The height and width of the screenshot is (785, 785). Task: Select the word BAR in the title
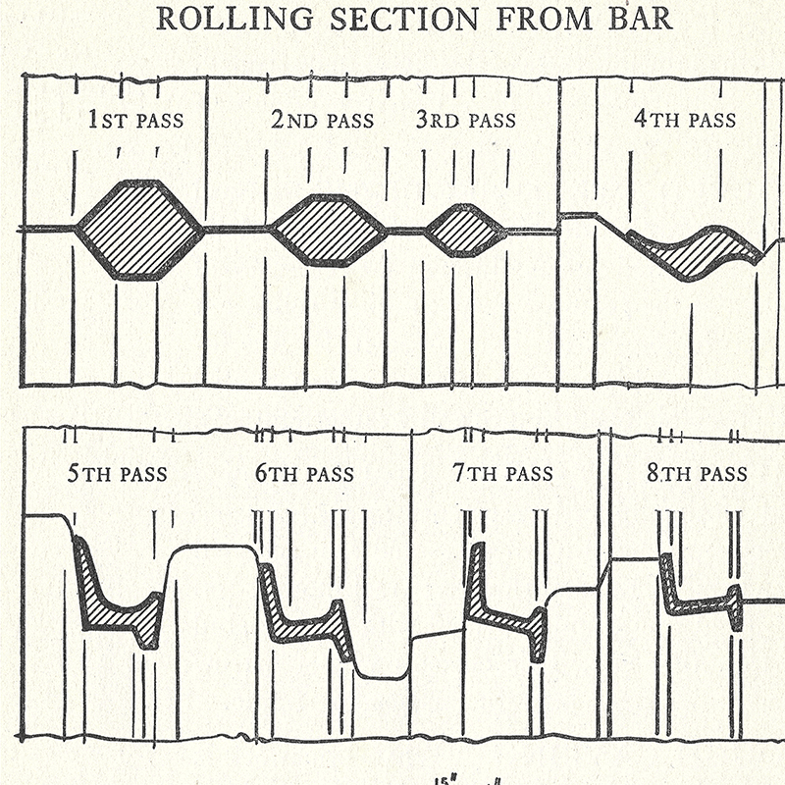[x=636, y=20]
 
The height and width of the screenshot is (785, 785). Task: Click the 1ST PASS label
[x=135, y=122]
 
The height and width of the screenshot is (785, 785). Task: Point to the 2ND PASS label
[x=322, y=122]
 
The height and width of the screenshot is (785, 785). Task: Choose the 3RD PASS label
[x=465, y=122]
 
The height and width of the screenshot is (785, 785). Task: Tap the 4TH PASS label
[x=684, y=121]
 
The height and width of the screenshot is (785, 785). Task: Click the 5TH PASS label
[x=117, y=475]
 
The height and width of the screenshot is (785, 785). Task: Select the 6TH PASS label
[x=304, y=475]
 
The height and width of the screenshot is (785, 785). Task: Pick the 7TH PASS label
[x=502, y=475]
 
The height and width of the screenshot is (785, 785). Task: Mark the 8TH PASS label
[x=697, y=475]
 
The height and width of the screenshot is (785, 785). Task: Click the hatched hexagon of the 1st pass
[x=138, y=231]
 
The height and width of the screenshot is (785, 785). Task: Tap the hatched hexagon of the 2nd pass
[x=328, y=231]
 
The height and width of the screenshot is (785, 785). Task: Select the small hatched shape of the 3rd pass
[x=465, y=231]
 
